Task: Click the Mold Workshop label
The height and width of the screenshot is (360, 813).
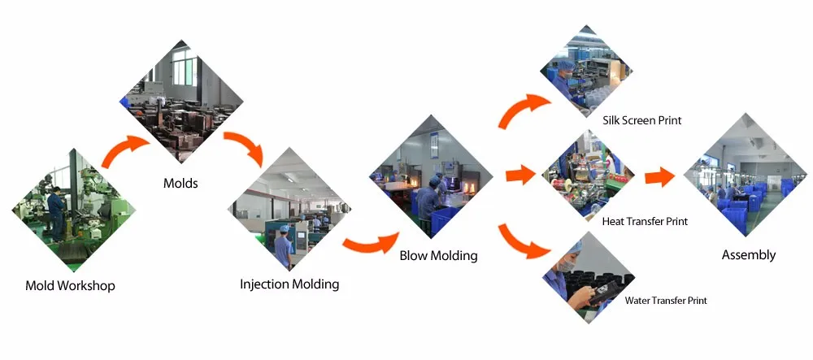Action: pos(70,285)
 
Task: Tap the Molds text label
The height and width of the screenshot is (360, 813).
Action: pos(180,183)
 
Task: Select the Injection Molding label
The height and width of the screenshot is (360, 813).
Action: pos(289,284)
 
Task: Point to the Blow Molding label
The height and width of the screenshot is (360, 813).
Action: pos(438,255)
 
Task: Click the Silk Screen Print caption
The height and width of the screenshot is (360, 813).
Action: pos(641,120)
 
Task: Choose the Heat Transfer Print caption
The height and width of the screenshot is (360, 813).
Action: pos(645,221)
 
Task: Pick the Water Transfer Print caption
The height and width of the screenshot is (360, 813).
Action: pos(666,301)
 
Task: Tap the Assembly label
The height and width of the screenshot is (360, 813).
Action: pos(749,255)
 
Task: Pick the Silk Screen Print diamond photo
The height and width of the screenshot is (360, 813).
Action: pos(587,72)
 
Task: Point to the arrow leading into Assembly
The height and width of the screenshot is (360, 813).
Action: pos(660,176)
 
